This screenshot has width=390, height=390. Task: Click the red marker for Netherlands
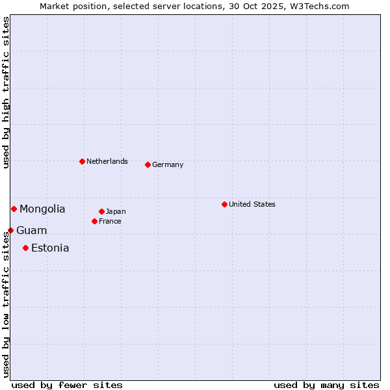point(82,161)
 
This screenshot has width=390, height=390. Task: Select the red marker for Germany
point(148,164)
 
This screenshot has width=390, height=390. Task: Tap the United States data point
point(224,204)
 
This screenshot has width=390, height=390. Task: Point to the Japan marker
point(101,211)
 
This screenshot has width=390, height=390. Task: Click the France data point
point(94,221)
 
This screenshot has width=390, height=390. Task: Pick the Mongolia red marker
point(14,209)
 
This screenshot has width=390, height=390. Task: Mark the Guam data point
point(10,230)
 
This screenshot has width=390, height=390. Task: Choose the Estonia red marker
point(25,248)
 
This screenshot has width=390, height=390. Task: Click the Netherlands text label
point(107,161)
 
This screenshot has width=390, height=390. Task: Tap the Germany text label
point(168,164)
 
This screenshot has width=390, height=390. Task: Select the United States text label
point(252,204)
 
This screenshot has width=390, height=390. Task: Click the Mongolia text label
point(42,209)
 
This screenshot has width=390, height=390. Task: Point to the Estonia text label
point(50,248)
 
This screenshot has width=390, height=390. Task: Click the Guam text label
point(31,230)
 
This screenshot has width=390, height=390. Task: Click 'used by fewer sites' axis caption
point(67,385)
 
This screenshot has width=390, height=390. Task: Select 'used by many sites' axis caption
point(326,385)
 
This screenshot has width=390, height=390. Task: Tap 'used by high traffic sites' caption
point(6,92)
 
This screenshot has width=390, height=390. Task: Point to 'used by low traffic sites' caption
point(6,305)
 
